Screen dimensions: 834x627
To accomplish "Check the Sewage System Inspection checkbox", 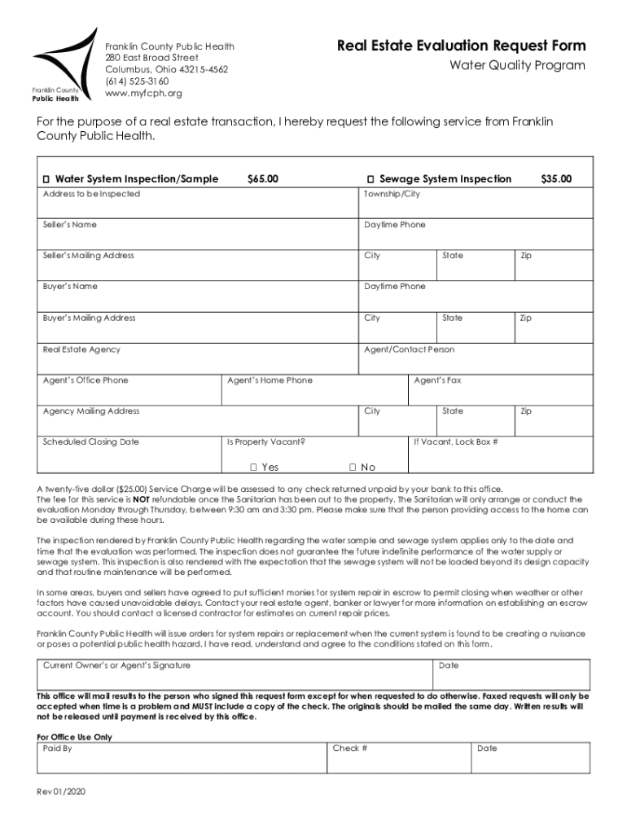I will [370, 179].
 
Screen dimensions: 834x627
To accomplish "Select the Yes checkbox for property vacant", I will [254, 467].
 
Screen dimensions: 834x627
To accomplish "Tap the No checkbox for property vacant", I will [353, 467].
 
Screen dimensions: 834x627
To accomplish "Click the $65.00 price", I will [262, 179].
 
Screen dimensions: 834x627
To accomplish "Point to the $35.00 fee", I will [556, 179].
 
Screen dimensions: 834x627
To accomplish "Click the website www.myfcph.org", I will [143, 94].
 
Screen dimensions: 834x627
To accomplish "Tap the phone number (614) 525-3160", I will [137, 81].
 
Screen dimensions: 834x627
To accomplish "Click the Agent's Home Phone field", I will [313, 393].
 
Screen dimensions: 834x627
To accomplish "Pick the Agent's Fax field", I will [498, 393].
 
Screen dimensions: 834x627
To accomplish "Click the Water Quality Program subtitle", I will [518, 66].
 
